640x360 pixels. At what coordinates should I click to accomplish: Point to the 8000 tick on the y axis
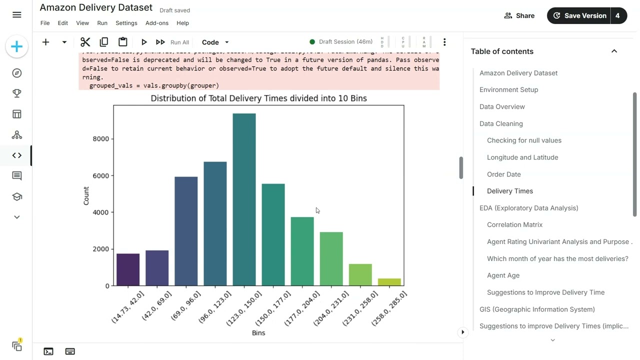click(100, 139)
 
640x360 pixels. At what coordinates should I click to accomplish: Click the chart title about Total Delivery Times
click(258, 98)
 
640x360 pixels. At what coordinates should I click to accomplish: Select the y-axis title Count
click(86, 195)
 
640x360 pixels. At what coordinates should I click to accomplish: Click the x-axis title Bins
click(258, 333)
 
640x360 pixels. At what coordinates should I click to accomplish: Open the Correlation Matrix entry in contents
click(514, 224)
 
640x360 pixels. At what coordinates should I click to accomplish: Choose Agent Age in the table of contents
click(503, 275)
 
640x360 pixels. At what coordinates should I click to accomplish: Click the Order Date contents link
click(503, 174)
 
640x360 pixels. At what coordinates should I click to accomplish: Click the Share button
click(519, 15)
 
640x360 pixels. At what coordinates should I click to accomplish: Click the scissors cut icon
click(85, 42)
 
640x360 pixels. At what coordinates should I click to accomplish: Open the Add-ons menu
click(156, 23)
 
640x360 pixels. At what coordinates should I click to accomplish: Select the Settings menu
click(126, 23)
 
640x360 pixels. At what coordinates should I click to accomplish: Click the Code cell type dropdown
click(215, 42)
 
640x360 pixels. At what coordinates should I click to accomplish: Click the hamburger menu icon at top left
click(17, 15)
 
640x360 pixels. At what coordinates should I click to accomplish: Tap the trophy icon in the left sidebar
click(17, 93)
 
